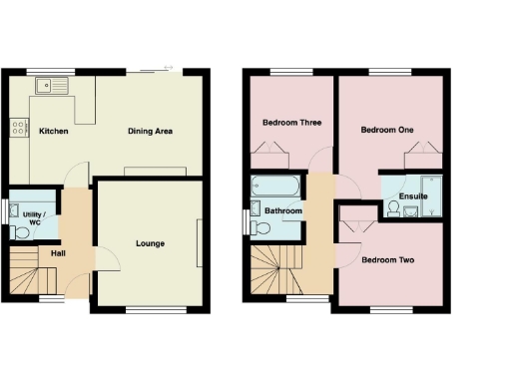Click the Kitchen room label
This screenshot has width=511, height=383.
[53, 131]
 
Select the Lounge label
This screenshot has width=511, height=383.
[150, 243]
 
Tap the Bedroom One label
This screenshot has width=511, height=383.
[386, 130]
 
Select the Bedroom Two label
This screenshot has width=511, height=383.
[388, 261]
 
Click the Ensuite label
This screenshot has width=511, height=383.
[413, 196]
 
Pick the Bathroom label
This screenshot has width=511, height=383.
[283, 210]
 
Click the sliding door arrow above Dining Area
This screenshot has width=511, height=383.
[160, 70]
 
